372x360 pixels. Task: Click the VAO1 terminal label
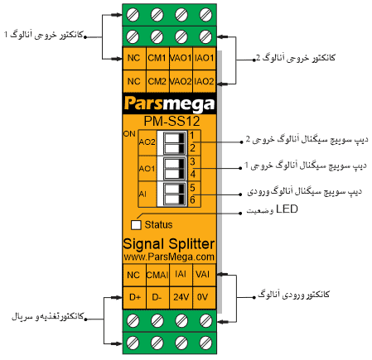(181, 59)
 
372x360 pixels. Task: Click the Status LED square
(136, 223)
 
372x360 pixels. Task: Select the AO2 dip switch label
(147, 142)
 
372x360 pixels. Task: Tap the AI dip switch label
(143, 194)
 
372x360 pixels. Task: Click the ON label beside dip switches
(128, 133)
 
